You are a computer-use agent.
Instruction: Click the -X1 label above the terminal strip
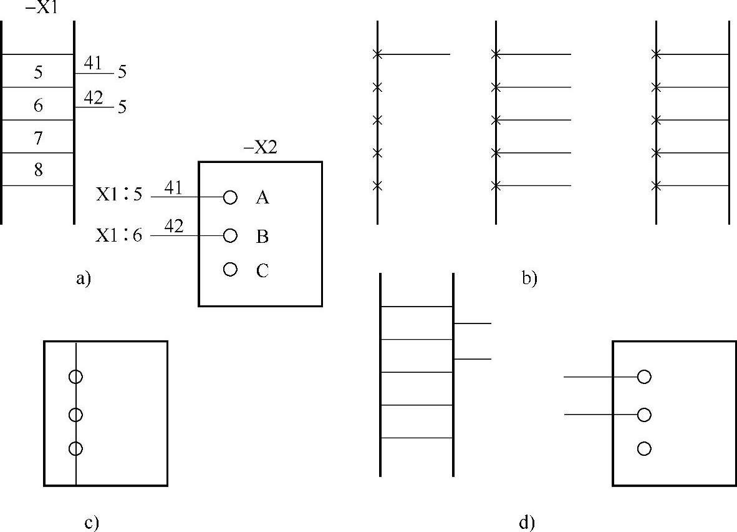click(38, 9)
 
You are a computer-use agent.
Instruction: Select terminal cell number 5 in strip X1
click(38, 72)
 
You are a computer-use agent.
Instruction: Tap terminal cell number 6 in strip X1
click(38, 106)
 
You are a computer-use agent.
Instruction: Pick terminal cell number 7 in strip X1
click(38, 138)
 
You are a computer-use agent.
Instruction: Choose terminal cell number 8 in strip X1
click(38, 170)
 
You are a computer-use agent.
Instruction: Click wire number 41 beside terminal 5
click(93, 64)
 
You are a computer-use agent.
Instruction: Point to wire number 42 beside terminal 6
click(93, 98)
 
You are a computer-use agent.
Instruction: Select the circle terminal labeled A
click(230, 197)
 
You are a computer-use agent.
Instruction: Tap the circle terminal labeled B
click(230, 235)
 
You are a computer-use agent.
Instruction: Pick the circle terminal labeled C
click(230, 269)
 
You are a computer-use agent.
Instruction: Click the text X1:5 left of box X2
click(119, 194)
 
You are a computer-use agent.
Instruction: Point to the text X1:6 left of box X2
click(119, 235)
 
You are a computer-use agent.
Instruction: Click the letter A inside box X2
click(263, 198)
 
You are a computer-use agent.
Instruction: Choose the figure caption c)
click(92, 523)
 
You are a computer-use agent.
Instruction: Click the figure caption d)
click(527, 523)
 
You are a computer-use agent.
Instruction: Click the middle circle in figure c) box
click(75, 415)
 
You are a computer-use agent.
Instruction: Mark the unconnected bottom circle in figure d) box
click(644, 448)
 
